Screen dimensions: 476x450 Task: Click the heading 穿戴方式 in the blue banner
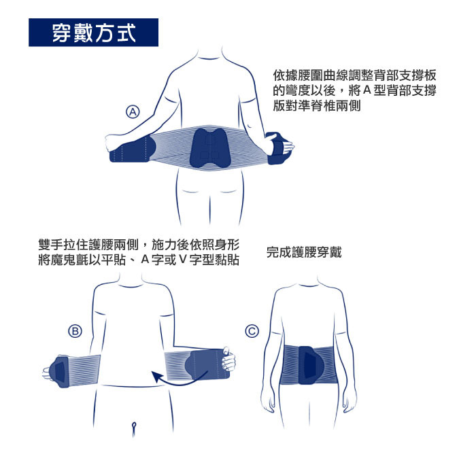pos(94,33)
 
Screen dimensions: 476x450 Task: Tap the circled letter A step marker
pos(133,112)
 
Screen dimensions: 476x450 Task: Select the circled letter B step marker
pos(75,331)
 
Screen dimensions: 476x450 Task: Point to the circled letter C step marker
pos(252,331)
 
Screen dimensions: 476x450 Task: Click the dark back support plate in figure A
pos(209,148)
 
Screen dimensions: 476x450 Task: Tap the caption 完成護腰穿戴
pos(304,252)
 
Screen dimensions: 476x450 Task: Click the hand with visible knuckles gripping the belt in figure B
pos(228,360)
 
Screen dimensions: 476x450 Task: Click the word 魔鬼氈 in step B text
pos(69,260)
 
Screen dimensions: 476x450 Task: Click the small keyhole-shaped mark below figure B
pos(134,428)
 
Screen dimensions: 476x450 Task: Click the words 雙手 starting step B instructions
pos(51,245)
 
